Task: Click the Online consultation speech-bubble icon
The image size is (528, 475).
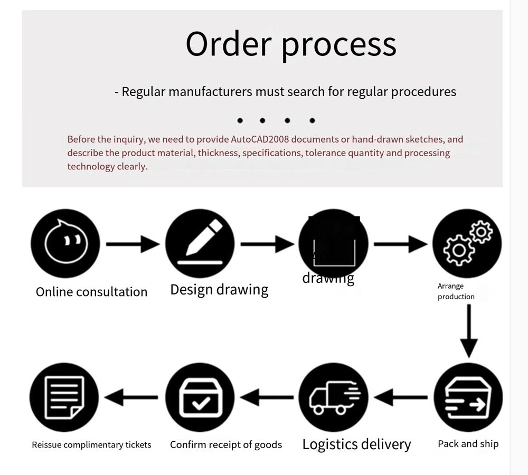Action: (65, 243)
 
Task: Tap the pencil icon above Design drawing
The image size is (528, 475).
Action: (200, 243)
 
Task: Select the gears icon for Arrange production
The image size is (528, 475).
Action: (467, 243)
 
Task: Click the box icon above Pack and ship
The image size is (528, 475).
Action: (468, 397)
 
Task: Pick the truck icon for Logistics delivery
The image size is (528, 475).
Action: (333, 397)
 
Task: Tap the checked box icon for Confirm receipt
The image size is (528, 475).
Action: (200, 397)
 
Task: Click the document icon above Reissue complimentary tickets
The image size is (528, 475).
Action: (64, 397)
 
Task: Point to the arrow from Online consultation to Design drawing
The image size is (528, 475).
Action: (132, 244)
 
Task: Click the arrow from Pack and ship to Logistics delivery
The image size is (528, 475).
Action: (401, 397)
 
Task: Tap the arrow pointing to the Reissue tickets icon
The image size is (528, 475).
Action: (132, 397)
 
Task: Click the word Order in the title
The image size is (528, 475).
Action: (228, 44)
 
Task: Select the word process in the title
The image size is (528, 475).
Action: (338, 46)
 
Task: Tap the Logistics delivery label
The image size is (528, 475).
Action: (356, 444)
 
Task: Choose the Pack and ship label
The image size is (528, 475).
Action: (468, 444)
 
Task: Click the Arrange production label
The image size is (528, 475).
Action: (456, 291)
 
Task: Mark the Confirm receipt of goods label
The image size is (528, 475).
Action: (225, 445)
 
